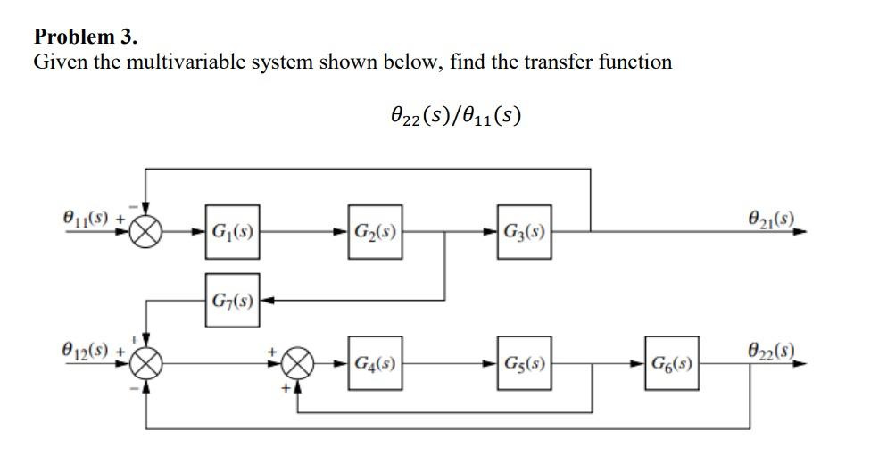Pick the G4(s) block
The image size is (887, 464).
[375, 364]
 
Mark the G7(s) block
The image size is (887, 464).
[232, 299]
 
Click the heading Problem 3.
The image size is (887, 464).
[86, 37]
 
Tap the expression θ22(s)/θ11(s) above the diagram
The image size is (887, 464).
[455, 114]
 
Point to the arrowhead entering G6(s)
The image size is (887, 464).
[639, 364]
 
